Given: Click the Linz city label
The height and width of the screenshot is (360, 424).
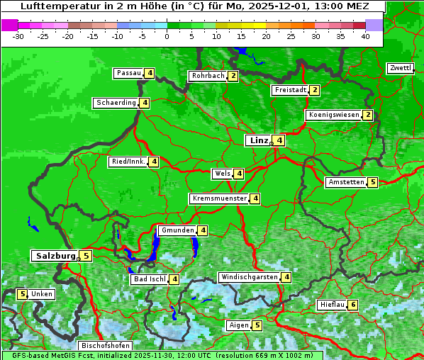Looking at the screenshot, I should click(x=259, y=140).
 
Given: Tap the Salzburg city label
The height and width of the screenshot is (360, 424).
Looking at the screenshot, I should click(x=55, y=256).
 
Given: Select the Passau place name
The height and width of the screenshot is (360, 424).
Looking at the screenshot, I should click(x=129, y=73).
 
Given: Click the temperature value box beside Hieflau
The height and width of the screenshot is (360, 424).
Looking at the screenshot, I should click(x=353, y=305).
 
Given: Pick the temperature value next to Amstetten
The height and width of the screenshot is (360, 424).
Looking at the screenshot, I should click(x=373, y=182).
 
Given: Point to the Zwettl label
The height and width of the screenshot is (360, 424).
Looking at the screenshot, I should click(x=400, y=68).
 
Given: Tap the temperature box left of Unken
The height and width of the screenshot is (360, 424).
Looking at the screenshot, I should click(x=22, y=294).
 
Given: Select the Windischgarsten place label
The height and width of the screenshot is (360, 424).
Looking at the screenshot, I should click(x=248, y=277).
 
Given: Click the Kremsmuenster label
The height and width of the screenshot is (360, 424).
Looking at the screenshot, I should click(x=219, y=198).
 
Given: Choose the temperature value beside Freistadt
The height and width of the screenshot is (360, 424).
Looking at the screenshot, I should click(x=314, y=90).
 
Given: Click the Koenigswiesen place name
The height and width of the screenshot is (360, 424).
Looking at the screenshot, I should click(x=333, y=115).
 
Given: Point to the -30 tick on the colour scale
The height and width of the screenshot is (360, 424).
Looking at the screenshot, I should click(x=18, y=36).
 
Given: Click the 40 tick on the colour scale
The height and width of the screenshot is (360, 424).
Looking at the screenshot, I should click(x=365, y=36).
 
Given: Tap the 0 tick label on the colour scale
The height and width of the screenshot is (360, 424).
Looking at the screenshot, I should click(x=167, y=36).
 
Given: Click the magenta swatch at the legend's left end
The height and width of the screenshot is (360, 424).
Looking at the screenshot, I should click(x=10, y=25).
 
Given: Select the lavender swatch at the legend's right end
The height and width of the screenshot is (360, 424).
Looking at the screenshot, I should click(x=374, y=25).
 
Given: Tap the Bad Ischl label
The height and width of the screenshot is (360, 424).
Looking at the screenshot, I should click(x=149, y=279).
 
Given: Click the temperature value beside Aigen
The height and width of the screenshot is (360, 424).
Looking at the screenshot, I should click(x=257, y=325).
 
